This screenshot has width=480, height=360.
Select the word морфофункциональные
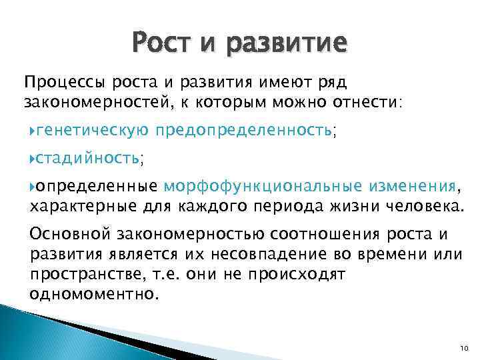[261, 185]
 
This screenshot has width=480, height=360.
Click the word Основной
[70, 235]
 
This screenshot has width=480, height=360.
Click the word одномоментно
[94, 293]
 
